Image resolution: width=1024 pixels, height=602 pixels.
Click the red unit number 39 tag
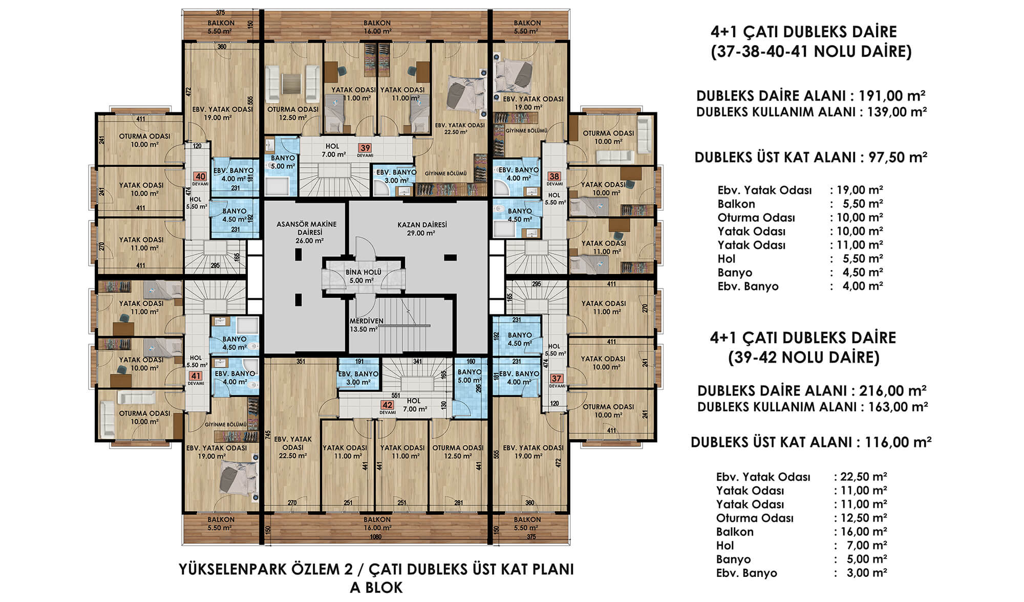(365, 148)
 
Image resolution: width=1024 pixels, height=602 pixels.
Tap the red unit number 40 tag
(200, 177)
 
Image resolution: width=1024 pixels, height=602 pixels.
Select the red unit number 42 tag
(387, 405)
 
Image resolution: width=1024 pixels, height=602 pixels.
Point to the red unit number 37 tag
(557, 378)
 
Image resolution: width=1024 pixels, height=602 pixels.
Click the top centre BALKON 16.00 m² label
(377, 27)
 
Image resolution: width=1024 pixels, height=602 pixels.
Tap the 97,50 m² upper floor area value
(898, 157)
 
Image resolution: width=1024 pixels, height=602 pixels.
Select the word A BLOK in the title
(376, 588)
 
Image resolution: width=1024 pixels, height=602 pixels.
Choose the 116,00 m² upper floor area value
(898, 442)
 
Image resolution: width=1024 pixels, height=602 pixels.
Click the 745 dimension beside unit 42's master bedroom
(268, 435)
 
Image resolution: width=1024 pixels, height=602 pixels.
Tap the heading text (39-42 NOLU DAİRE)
(804, 358)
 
